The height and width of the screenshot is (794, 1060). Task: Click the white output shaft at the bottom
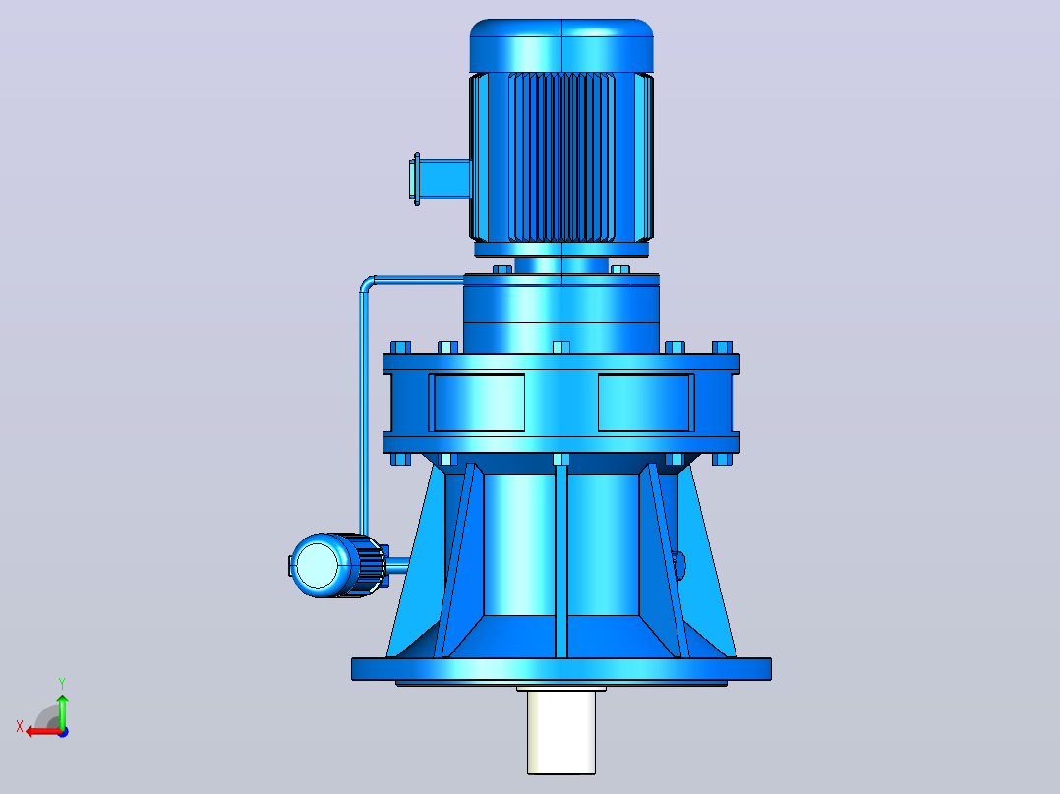pyautogui.click(x=561, y=732)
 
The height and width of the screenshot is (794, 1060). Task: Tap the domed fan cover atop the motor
pyautogui.click(x=561, y=44)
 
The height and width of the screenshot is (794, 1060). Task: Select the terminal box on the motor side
pyautogui.click(x=440, y=179)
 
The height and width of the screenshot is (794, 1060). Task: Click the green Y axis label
pyautogui.click(x=62, y=684)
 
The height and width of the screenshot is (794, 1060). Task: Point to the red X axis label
pyautogui.click(x=20, y=726)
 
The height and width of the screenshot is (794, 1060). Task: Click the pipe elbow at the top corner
pyautogui.click(x=367, y=283)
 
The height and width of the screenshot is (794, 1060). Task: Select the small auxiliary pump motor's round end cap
pyautogui.click(x=317, y=566)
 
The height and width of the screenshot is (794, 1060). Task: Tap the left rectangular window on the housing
pyautogui.click(x=477, y=403)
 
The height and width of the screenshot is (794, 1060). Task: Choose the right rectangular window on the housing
pyautogui.click(x=646, y=403)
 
